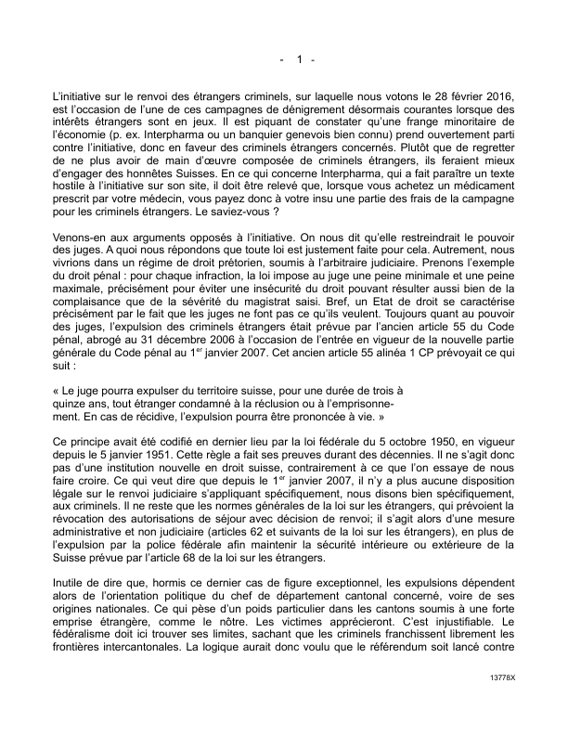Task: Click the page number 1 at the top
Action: click(299, 60)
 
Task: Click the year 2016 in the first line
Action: click(500, 97)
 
